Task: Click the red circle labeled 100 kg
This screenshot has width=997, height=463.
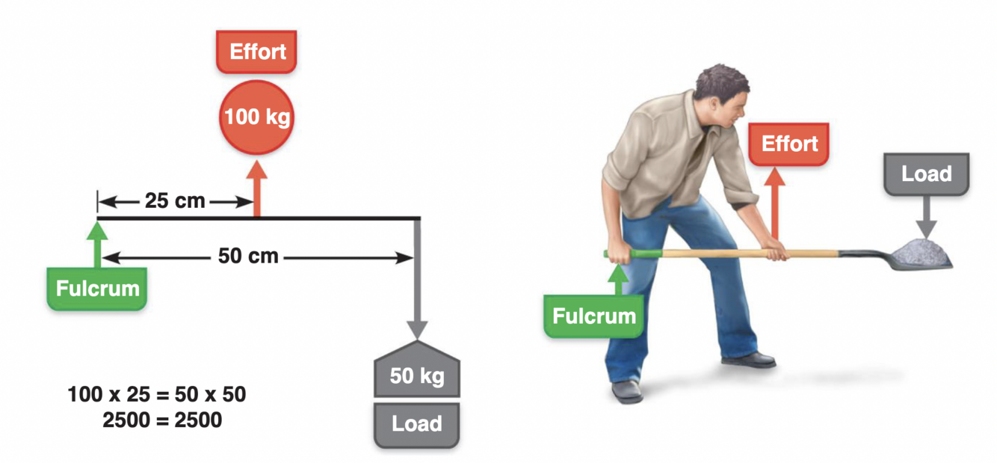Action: (257, 117)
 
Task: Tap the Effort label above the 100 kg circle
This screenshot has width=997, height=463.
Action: (257, 52)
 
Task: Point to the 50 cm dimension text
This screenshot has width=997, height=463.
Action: (248, 257)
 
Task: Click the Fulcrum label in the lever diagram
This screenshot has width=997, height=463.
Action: (97, 289)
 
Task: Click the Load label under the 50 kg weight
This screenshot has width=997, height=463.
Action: (416, 424)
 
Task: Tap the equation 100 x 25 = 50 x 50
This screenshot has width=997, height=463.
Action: (157, 394)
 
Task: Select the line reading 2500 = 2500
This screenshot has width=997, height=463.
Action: (162, 420)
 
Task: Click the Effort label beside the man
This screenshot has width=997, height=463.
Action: (789, 144)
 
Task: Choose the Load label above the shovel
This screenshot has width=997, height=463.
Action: (926, 174)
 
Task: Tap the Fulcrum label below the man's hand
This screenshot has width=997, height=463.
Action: (594, 316)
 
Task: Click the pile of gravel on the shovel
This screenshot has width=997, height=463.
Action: (925, 251)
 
